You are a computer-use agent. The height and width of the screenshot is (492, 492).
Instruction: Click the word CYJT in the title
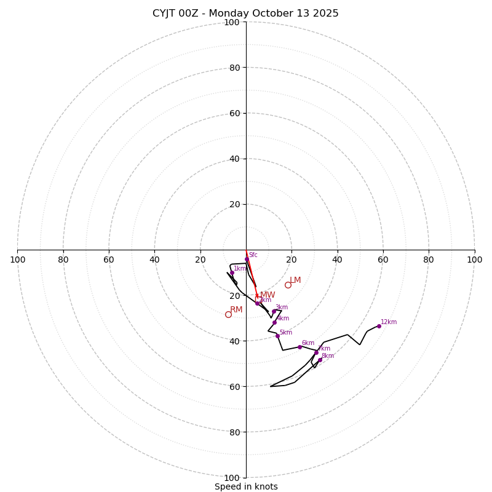(x=164, y=14)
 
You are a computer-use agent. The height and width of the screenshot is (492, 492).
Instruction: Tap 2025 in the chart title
(x=325, y=14)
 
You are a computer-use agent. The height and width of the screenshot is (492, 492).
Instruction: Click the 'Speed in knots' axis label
(x=246, y=486)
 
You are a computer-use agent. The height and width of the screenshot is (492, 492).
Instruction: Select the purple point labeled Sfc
(x=247, y=260)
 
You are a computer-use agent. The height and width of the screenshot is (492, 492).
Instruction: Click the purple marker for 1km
(x=232, y=273)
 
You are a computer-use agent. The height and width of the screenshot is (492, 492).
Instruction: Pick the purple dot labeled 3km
(x=274, y=311)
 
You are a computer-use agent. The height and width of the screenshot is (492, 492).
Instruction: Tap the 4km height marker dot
(x=274, y=322)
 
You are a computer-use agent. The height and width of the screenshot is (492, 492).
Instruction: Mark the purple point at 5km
(x=277, y=336)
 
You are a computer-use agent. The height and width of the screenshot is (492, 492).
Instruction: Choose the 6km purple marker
(x=300, y=347)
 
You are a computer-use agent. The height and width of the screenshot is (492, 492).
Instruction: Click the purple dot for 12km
(x=379, y=326)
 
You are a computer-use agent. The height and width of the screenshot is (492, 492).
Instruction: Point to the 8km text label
(x=327, y=356)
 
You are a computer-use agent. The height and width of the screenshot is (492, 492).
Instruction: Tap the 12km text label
(x=389, y=322)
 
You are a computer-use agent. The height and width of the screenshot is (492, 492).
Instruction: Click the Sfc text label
(x=253, y=255)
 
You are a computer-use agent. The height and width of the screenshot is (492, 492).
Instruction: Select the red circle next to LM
(x=288, y=285)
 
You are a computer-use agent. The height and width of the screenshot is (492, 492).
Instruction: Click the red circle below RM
(x=228, y=314)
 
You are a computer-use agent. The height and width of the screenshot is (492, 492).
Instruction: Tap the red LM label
(x=295, y=280)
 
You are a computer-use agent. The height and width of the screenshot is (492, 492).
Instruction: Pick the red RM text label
(x=236, y=310)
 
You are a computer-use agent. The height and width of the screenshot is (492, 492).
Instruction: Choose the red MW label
(x=268, y=295)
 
